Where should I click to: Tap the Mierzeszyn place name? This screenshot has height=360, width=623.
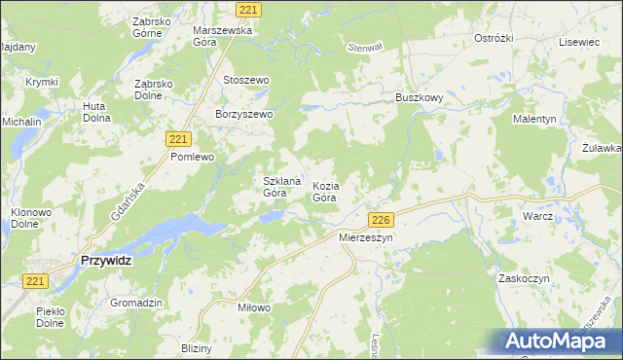[x=365, y=236]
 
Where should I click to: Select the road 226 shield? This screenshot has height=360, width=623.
[x=381, y=220]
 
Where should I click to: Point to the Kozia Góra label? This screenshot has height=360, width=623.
[x=325, y=191]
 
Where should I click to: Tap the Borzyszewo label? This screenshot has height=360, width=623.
[x=244, y=114]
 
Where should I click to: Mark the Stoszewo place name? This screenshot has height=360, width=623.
[x=245, y=80]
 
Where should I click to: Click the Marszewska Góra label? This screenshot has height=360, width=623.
[x=223, y=36]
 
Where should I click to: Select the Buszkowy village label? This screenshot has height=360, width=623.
[x=419, y=98]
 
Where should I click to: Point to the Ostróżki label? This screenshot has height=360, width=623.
[x=493, y=38]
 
